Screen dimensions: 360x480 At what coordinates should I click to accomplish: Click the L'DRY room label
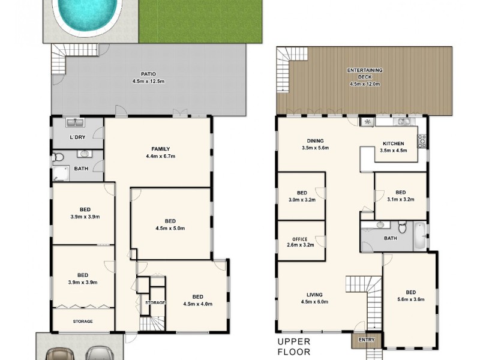[77, 137]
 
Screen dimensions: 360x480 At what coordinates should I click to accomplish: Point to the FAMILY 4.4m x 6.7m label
[160, 152]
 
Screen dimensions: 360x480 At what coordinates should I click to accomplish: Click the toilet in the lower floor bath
[58, 158]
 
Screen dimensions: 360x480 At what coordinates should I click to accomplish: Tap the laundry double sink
[76, 124]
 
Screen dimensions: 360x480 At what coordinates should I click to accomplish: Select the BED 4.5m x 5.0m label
[170, 224]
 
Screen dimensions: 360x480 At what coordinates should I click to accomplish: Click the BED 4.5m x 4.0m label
[197, 300]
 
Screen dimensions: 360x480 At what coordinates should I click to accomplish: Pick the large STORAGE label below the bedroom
[83, 322]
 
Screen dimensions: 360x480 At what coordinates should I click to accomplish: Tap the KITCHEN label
[394, 146]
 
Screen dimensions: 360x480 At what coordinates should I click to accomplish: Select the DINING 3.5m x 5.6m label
[315, 144]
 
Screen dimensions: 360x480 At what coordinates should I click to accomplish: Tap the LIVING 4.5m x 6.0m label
[314, 298]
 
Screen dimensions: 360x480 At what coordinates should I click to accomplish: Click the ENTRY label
[366, 340]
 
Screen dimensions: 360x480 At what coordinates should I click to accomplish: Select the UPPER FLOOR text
[294, 347]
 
